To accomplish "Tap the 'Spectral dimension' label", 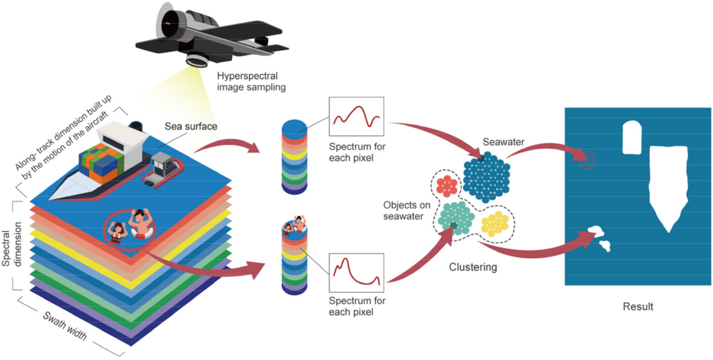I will [x=13, y=245].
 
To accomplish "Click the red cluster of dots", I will [x=447, y=186].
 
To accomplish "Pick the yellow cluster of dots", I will [x=495, y=223].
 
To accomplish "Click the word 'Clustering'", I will [x=473, y=267].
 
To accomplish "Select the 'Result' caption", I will [x=638, y=307].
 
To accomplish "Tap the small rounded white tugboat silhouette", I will [x=632, y=137].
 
